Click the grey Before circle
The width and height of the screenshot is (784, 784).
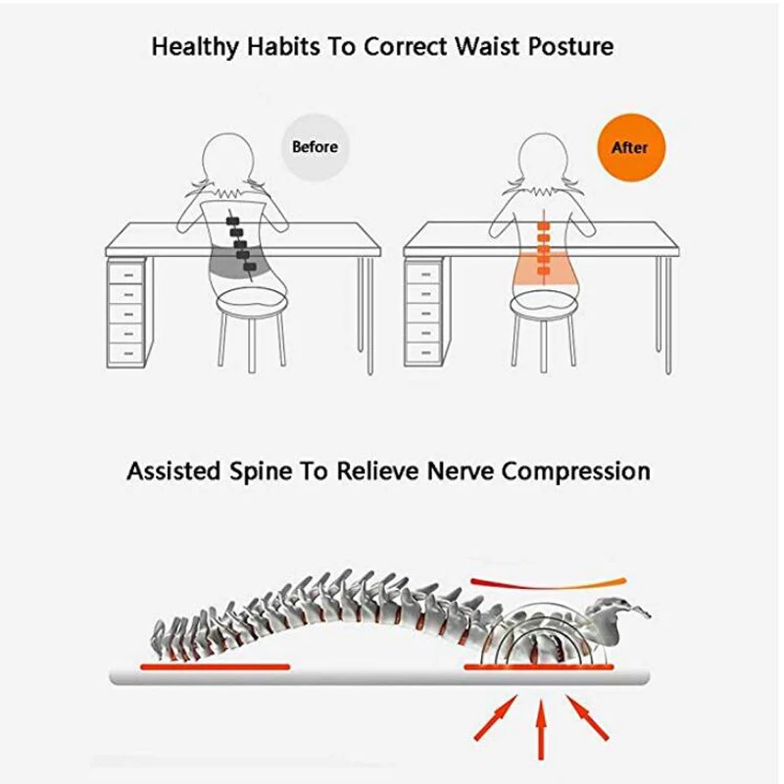click(315, 147)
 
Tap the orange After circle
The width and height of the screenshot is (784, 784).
click(629, 148)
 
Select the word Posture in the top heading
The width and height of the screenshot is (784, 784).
click(571, 46)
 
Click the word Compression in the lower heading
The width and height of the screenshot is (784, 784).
click(575, 470)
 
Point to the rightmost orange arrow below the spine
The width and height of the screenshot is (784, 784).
click(587, 715)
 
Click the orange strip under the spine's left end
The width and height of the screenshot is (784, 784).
click(215, 666)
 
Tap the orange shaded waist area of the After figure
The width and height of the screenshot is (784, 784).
click(540, 265)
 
